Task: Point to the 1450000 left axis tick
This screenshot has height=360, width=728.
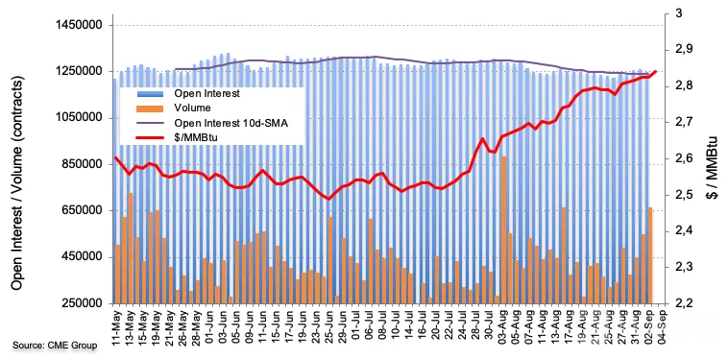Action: (x=82, y=26)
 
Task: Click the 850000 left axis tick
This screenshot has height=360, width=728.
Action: (x=85, y=165)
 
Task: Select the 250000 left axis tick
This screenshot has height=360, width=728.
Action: (x=85, y=304)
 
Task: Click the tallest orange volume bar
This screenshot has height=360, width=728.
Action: (x=503, y=230)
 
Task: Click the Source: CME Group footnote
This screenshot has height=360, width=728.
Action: (x=55, y=346)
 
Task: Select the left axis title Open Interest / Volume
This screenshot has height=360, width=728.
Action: (x=17, y=182)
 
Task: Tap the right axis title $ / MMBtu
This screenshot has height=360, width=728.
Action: (x=712, y=158)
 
